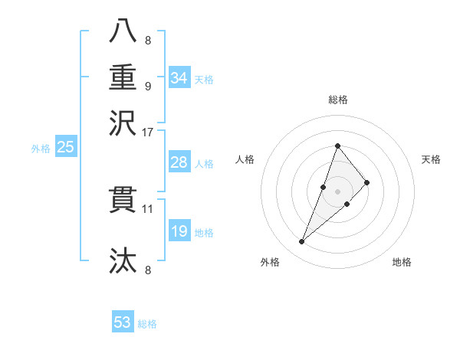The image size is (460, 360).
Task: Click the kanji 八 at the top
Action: tap(123, 31)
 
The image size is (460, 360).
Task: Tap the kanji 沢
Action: tap(123, 122)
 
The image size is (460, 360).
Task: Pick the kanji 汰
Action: tap(123, 260)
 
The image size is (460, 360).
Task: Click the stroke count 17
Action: tap(147, 131)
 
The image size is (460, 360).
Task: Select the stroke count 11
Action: tap(147, 208)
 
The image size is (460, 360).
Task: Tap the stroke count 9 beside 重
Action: tap(147, 85)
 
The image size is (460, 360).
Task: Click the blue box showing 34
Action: tap(179, 78)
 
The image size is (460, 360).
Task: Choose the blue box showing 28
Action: tap(179, 163)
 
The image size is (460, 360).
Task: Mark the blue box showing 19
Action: tap(179, 231)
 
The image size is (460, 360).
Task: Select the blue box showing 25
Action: tap(65, 148)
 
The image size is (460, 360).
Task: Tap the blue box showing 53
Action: tap(123, 322)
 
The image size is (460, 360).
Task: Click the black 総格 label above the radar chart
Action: tap(337, 99)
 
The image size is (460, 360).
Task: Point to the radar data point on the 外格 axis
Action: tap(302, 242)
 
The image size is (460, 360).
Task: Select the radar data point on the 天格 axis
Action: tap(367, 182)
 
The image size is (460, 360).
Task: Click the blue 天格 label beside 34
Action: tap(204, 80)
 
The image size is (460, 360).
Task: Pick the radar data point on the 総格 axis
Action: tap(337, 146)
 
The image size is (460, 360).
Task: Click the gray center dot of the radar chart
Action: tap(337, 191)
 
